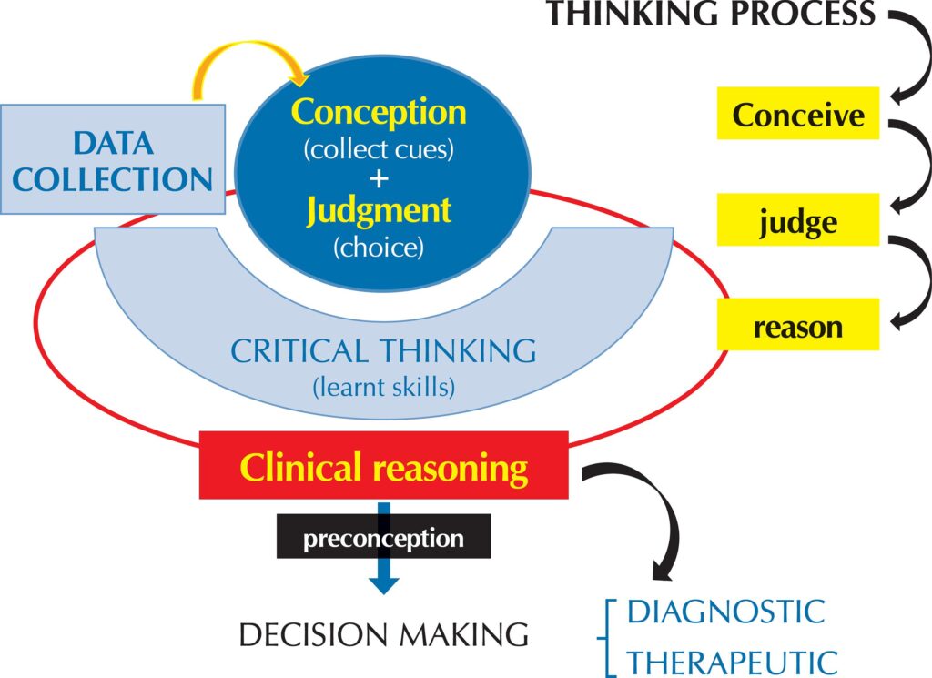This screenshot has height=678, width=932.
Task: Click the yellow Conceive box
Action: point(798,114)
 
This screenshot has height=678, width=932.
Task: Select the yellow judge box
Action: point(798,219)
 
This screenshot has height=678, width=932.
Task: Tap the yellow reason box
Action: point(798,324)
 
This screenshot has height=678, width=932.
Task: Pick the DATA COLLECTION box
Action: point(113,159)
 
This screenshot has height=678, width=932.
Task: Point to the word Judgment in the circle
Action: point(378,210)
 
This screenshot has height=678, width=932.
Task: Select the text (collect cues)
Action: point(378,148)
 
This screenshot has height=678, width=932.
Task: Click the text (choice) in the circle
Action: point(379,247)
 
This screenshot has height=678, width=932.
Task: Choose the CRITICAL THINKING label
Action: point(383,352)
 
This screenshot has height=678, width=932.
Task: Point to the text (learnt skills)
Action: point(383,387)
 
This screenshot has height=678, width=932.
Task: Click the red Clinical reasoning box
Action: point(383,468)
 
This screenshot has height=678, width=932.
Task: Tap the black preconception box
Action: point(383,538)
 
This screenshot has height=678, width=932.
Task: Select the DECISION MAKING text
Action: point(383,634)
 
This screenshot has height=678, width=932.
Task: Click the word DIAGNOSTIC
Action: point(725,612)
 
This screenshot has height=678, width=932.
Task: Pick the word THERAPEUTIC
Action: point(732,660)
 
